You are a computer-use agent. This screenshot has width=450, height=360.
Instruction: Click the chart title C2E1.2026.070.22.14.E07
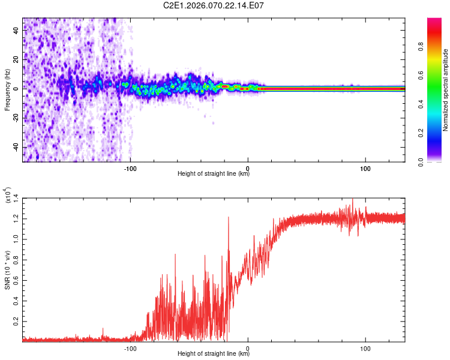(x=214, y=5)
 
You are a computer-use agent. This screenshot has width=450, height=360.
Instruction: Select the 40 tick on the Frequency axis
(x=16, y=29)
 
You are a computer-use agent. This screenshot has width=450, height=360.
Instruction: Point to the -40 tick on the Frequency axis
(x=16, y=147)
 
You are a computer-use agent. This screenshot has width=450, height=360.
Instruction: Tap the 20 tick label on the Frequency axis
(x=16, y=59)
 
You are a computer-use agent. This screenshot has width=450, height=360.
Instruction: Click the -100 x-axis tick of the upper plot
(x=131, y=168)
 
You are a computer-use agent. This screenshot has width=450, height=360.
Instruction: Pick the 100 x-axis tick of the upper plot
(x=365, y=168)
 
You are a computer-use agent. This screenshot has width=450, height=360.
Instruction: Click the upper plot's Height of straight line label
(x=214, y=174)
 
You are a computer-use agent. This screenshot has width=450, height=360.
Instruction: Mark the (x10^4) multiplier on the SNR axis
(x=8, y=196)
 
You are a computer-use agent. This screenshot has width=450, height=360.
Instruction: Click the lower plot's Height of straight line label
(x=214, y=354)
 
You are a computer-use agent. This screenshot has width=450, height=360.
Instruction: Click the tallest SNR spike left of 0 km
(x=229, y=217)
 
